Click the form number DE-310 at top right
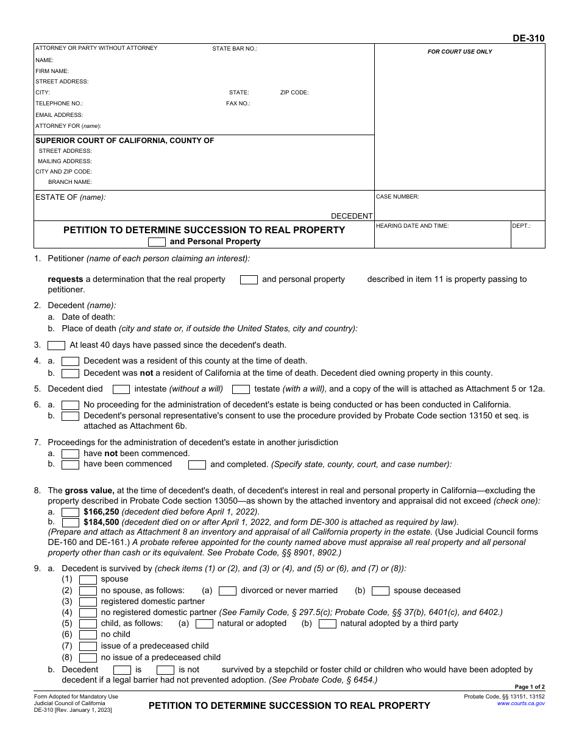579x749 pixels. coord(528,38)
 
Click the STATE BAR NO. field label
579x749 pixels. coord(235,49)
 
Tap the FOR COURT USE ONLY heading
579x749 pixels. coord(460,52)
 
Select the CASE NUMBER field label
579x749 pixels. coord(397,197)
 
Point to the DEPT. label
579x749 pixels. coord(521,226)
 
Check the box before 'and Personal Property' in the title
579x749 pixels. coord(157,242)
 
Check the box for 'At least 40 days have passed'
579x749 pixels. coord(57,345)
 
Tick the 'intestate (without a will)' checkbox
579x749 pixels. coord(121,389)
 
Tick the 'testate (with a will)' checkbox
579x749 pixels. coord(241,389)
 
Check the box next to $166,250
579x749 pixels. coord(71,512)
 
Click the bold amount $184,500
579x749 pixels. coord(101,522)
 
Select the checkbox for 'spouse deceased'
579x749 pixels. coord(380,591)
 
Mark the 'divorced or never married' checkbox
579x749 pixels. coord(227,591)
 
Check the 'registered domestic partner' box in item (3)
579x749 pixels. coord(88,602)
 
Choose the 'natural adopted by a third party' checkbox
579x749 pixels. coord(327,624)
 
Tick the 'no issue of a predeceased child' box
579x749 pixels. coord(88,658)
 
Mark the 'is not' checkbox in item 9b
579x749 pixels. coord(166,670)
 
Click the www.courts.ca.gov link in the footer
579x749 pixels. coord(520,703)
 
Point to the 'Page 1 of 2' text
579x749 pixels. coord(529,687)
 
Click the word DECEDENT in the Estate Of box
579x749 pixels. coord(351,216)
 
